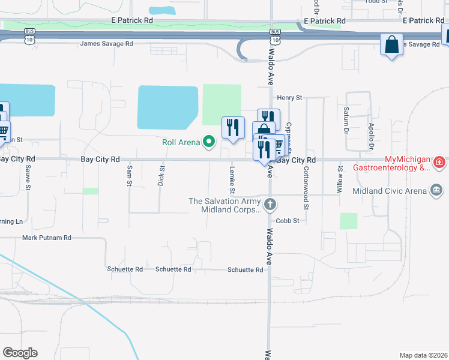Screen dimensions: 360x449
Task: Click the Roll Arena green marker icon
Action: coord(209,142)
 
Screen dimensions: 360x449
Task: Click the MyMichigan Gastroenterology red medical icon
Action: coord(439,163)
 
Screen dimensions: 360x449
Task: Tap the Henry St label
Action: coord(289,97)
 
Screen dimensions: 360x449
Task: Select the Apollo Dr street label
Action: coord(371,138)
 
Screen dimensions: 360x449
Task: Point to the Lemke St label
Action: coord(231,180)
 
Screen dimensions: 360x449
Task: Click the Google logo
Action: coord(20,353)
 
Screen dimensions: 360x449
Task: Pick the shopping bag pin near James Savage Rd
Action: coord(391,44)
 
